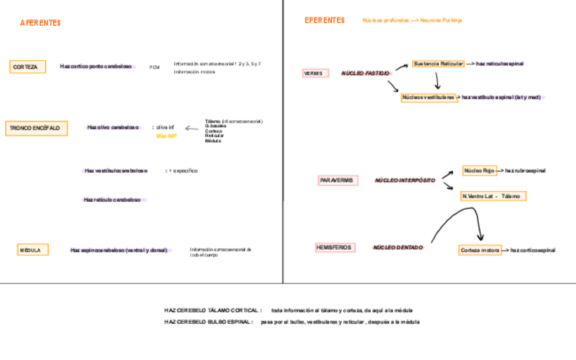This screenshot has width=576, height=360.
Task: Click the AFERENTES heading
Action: click(40, 23)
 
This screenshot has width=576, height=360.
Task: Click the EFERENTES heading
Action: click(325, 20)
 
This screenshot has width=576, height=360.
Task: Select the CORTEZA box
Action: click(28, 67)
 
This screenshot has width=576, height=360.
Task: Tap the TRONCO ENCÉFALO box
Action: click(37, 128)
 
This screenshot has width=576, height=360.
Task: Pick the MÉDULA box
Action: click(31, 250)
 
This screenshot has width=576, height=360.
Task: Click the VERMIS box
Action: click(314, 73)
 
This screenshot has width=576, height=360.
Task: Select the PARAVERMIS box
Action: click(336, 180)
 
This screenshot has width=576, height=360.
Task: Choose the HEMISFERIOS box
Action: click(334, 247)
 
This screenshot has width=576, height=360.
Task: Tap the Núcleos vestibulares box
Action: click(428, 97)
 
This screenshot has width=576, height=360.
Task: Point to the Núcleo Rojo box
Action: click(480, 170)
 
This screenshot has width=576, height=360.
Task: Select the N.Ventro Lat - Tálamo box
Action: click(493, 196)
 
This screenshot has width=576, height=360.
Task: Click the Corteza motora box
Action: click(480, 250)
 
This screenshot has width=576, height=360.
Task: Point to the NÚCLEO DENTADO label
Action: click(397, 248)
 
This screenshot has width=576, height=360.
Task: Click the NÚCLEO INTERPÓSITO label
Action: click(405, 181)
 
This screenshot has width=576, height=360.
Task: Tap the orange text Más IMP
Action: click(166, 136)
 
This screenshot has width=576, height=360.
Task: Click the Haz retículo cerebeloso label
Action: click(112, 200)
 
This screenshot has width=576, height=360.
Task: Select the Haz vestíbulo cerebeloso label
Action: click(115, 170)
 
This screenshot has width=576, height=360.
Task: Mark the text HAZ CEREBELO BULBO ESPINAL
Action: click(208, 321)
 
